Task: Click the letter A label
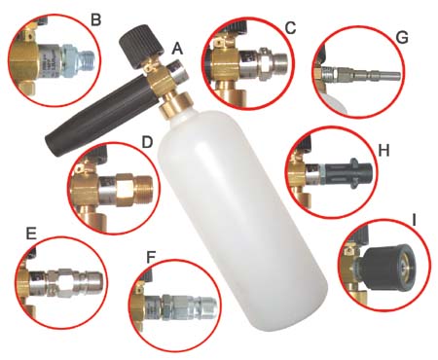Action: [x=177, y=49]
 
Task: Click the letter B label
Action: [x=95, y=19]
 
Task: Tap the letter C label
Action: [x=290, y=28]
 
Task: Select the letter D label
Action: [x=147, y=142]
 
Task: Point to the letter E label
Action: [x=31, y=234]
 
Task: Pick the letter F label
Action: [x=151, y=257]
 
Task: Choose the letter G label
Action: [x=402, y=38]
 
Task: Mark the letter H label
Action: [x=383, y=151]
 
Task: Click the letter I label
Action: [x=414, y=220]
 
